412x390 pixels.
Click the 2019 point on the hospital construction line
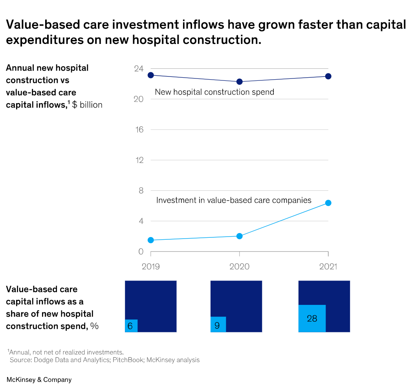[150, 75]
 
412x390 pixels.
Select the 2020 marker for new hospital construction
[240, 82]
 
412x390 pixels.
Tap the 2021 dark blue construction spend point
[328, 76]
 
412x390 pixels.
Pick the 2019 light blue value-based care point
[150, 240]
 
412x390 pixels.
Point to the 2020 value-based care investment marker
[240, 236]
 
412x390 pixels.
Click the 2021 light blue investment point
[328, 203]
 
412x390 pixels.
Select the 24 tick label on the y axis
[139, 69]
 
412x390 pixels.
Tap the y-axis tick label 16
[139, 130]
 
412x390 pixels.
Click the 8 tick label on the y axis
[141, 191]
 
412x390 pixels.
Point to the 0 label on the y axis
[141, 251]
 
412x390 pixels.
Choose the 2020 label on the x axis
[240, 267]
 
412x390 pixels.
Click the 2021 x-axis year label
[328, 267]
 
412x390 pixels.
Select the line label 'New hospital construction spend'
[214, 92]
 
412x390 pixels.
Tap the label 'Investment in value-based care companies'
[234, 200]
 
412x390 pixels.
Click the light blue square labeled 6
[131, 326]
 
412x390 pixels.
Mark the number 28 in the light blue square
[312, 319]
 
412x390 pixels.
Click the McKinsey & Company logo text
[39, 380]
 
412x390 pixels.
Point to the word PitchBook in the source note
[128, 360]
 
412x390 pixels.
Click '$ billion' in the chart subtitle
[87, 105]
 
